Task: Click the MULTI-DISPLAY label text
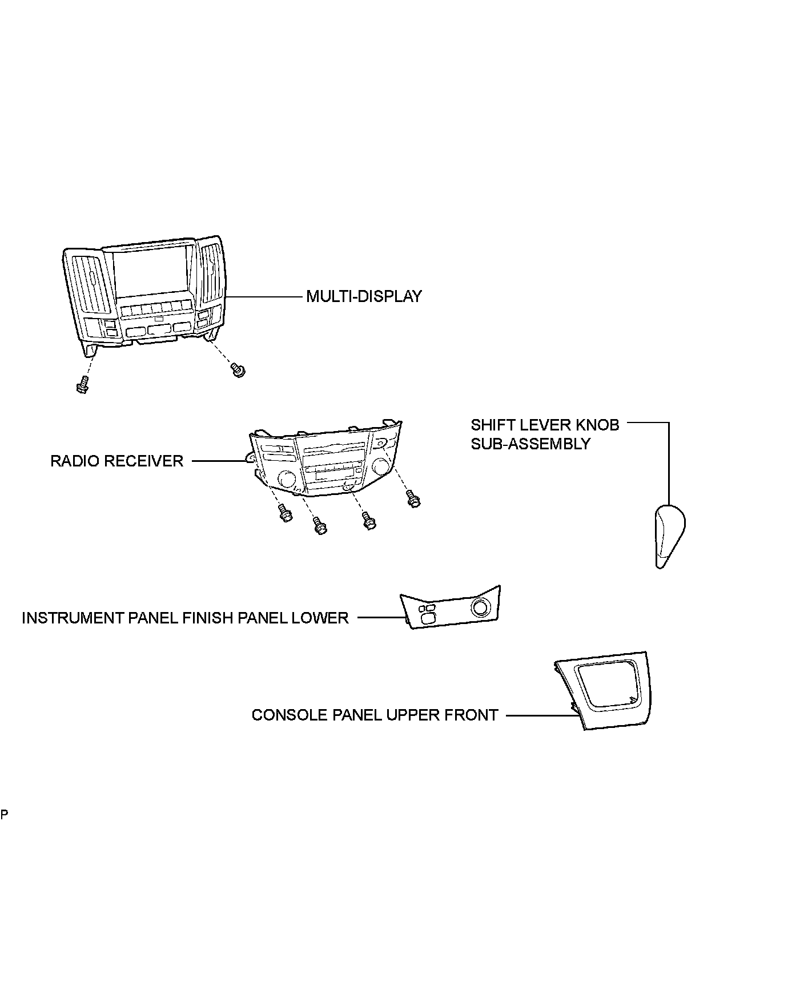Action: (x=364, y=296)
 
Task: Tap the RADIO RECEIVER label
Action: (x=116, y=461)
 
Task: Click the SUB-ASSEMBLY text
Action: (x=530, y=444)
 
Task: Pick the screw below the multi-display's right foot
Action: (x=238, y=369)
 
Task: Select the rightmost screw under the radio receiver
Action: (x=413, y=499)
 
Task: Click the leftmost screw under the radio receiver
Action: (x=284, y=512)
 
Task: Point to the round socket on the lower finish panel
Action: (x=480, y=608)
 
